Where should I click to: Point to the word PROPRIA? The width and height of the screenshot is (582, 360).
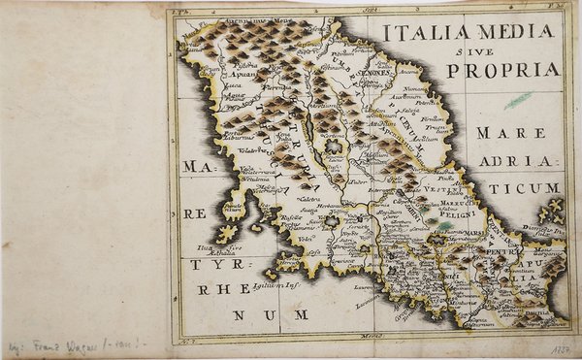(x=503, y=70)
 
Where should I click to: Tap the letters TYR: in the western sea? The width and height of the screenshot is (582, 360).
(x=210, y=264)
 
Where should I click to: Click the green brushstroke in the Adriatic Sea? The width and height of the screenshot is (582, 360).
(x=518, y=99)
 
